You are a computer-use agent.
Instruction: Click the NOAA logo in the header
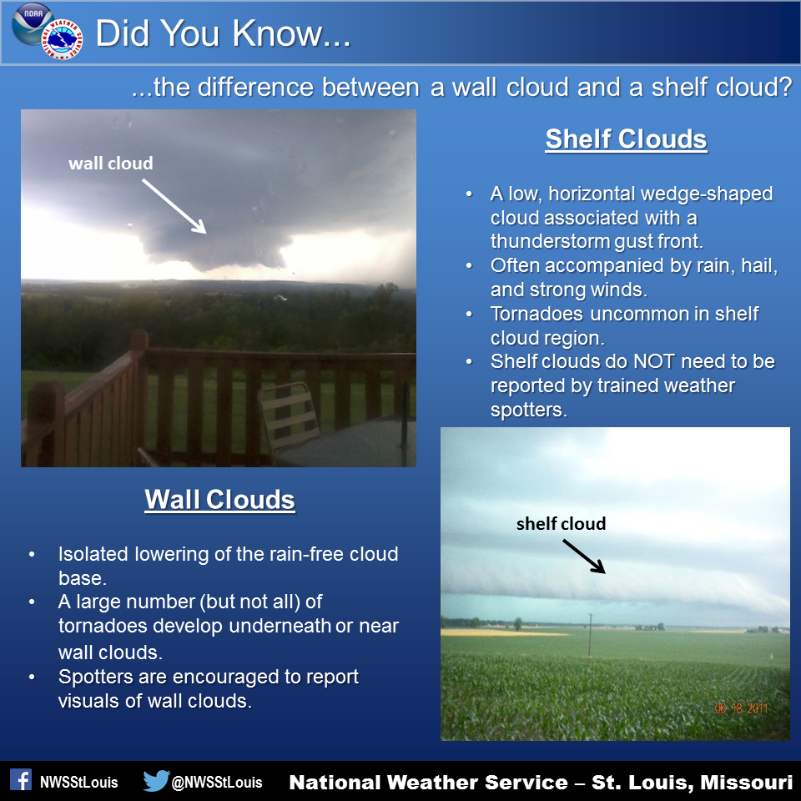click(32, 23)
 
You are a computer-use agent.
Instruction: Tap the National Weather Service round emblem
click(63, 40)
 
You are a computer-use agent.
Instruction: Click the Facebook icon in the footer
click(21, 780)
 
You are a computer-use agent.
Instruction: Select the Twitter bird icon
click(156, 781)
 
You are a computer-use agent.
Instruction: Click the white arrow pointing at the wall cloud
click(174, 206)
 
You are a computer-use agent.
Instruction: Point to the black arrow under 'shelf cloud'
click(584, 557)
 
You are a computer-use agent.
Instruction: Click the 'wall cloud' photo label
click(111, 164)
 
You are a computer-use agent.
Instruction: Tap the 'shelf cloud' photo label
click(561, 524)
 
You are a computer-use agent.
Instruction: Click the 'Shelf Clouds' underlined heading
click(627, 139)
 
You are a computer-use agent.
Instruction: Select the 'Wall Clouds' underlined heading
click(219, 499)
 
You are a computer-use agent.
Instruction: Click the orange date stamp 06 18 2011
click(741, 708)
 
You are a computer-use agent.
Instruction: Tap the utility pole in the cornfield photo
click(591, 635)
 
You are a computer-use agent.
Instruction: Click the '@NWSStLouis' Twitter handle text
click(217, 782)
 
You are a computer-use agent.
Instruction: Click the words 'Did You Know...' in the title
click(224, 33)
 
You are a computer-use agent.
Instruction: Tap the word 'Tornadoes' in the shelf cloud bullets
click(537, 314)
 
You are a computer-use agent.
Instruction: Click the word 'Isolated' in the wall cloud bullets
click(93, 554)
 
